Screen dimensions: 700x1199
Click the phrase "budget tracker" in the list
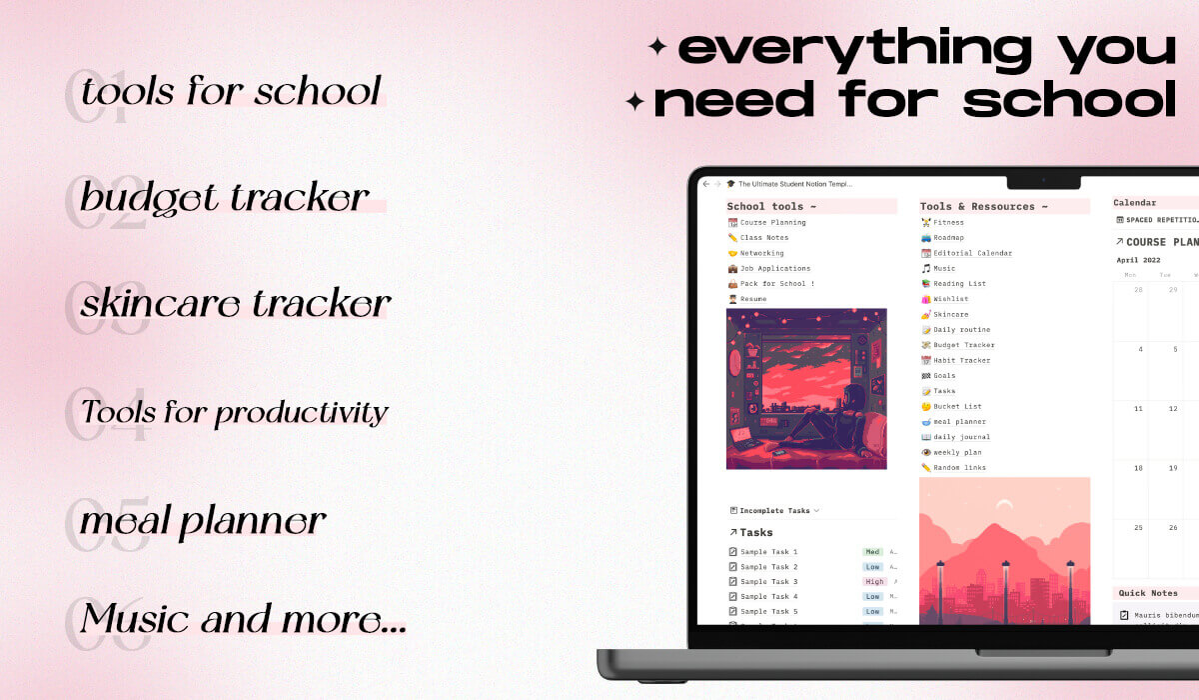point(225,198)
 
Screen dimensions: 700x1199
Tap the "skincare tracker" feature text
point(236,303)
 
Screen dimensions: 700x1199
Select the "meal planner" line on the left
point(203,521)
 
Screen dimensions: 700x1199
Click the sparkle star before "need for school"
point(634,101)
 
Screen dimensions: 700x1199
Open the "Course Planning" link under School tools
point(772,223)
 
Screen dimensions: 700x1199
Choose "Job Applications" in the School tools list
point(774,269)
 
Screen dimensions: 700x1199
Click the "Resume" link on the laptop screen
point(753,299)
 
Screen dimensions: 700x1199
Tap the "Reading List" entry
point(959,284)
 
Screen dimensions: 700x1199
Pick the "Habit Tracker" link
point(961,360)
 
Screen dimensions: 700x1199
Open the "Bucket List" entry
point(957,406)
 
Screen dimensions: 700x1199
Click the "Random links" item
point(959,468)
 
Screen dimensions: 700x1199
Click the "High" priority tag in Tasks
point(874,582)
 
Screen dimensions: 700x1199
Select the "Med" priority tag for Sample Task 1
point(872,552)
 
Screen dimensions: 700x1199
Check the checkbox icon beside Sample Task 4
point(732,597)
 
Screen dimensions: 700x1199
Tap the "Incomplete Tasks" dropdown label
point(774,511)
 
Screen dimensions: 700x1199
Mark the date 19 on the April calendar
point(1174,468)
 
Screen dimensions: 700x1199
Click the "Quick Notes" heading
point(1148,593)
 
